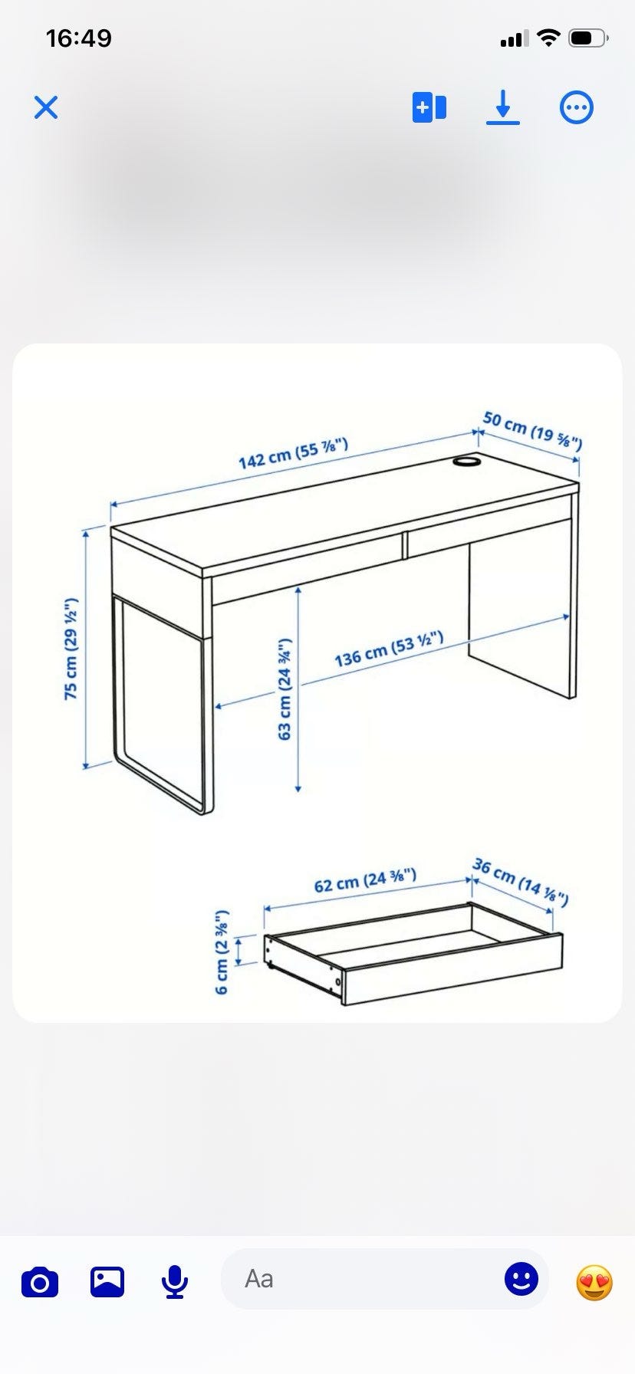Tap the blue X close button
click(x=46, y=107)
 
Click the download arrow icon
click(x=503, y=107)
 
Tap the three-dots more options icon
click(x=577, y=107)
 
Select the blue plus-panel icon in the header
click(x=429, y=107)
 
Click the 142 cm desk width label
click(x=294, y=453)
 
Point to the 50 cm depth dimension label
click(x=532, y=431)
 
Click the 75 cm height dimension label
click(x=71, y=649)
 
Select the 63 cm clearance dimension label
click(x=285, y=689)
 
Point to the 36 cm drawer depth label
click(x=520, y=882)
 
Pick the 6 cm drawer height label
click(x=222, y=952)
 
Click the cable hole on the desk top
click(x=466, y=462)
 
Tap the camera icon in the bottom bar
click(x=40, y=1282)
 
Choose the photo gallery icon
click(x=107, y=1281)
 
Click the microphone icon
click(x=175, y=1281)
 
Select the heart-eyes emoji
click(x=594, y=1282)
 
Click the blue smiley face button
click(x=521, y=1278)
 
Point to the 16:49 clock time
click(x=79, y=38)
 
